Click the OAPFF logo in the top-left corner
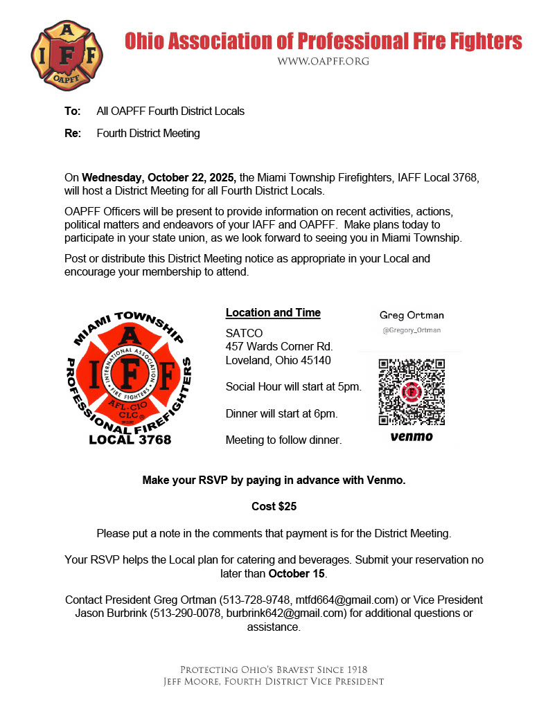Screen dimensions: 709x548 (x=67, y=53)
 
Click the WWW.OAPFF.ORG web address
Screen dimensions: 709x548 (x=323, y=61)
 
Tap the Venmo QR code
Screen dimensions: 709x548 (x=412, y=392)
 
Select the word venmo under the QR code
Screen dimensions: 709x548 (x=412, y=437)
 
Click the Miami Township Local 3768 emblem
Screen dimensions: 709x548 (x=130, y=377)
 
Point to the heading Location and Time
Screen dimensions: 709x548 (x=273, y=312)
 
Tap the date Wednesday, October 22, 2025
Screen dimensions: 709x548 (x=159, y=178)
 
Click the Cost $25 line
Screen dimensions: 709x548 (x=274, y=506)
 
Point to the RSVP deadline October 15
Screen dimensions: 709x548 (x=297, y=573)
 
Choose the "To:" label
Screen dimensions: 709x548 (x=72, y=111)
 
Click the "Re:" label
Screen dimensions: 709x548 (x=73, y=133)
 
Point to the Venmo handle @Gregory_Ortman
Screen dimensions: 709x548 (x=412, y=330)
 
